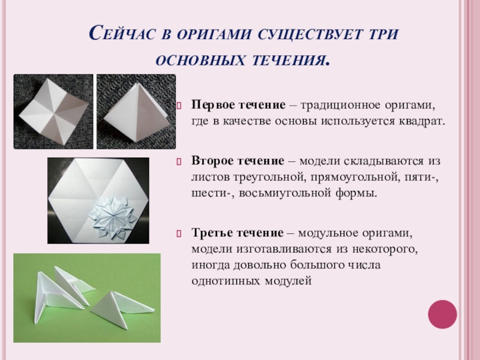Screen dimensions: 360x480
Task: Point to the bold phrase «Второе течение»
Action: click(x=237, y=163)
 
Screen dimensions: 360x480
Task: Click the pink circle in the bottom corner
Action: click(x=442, y=314)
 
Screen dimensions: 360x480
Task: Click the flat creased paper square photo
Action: click(x=53, y=110)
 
